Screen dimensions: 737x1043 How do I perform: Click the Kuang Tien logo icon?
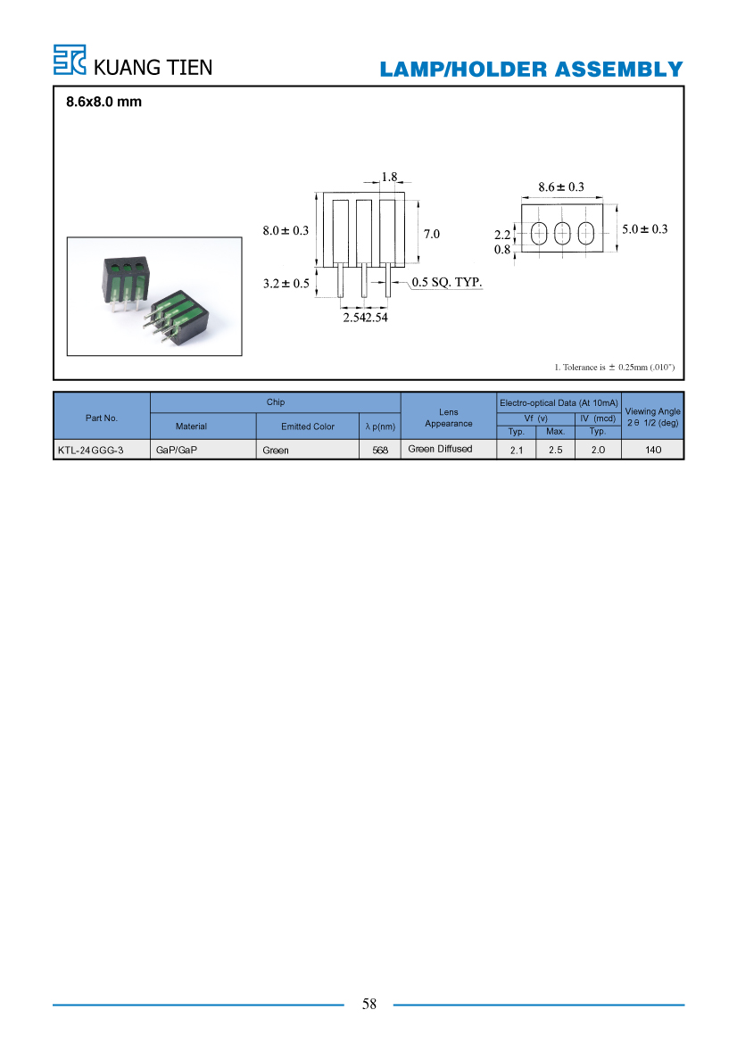[70, 60]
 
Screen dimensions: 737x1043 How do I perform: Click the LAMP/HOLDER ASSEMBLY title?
[531, 70]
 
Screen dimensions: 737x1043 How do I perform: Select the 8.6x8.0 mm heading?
[104, 102]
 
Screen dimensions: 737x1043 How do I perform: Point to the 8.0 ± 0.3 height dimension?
[286, 231]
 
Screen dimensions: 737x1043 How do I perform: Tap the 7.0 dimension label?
[432, 234]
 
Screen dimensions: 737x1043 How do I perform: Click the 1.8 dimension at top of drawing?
[389, 177]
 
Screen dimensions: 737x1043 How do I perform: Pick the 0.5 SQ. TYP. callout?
[447, 282]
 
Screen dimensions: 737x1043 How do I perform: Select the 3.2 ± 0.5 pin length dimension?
[286, 284]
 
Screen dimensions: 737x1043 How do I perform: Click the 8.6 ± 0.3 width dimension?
[561, 186]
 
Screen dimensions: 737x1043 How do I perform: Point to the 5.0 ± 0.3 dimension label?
[644, 228]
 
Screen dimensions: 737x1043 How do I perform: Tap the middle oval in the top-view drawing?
[562, 234]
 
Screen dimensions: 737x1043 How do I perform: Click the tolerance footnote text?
[614, 368]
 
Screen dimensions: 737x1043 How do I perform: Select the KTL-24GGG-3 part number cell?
[90, 451]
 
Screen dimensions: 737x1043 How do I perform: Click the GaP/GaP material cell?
[177, 451]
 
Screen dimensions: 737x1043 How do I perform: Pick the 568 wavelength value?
[380, 451]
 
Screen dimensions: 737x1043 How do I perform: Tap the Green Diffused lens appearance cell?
[441, 449]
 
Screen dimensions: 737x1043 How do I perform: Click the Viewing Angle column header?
[652, 417]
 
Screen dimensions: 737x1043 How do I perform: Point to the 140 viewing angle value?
[653, 450]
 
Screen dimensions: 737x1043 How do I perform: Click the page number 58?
[369, 1004]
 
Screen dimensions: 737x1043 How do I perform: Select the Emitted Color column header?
[307, 426]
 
